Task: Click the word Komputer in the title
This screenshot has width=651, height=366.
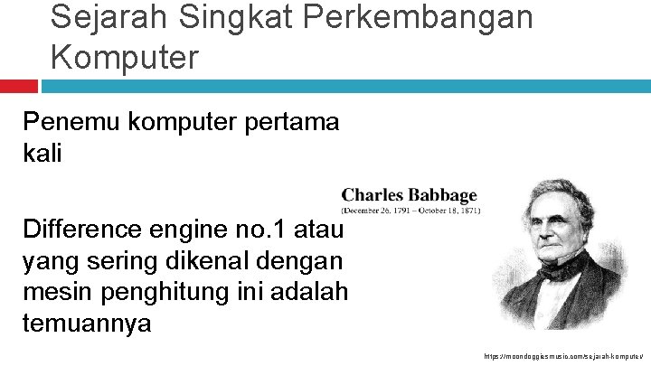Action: (124, 57)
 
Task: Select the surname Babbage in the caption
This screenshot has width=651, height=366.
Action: (442, 195)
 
